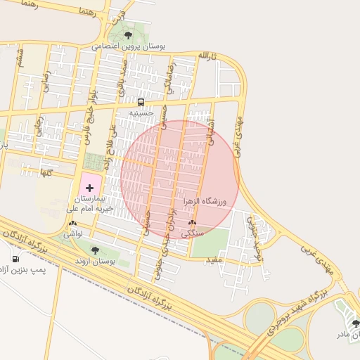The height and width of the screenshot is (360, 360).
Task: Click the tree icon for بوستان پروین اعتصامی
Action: pos(127,35)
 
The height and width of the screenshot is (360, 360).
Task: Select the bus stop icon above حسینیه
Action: pos(141,102)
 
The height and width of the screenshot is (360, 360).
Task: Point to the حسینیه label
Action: pos(141,112)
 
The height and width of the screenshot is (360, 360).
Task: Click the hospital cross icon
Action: pos(89,188)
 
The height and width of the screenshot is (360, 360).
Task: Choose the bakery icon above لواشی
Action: pos(72,223)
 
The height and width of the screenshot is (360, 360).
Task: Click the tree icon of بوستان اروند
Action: pos(95,250)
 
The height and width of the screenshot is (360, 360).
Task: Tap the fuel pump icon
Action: pos(15,259)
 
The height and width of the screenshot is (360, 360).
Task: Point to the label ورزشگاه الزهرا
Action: pos(206,202)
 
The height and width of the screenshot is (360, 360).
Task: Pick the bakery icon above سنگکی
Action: pos(192,222)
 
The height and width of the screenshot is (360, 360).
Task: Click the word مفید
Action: pos(213,262)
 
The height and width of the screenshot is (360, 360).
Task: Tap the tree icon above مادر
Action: pos(355,323)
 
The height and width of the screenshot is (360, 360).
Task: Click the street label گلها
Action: pos(46,172)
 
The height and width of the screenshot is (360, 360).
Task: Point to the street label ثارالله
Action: pos(204,55)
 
